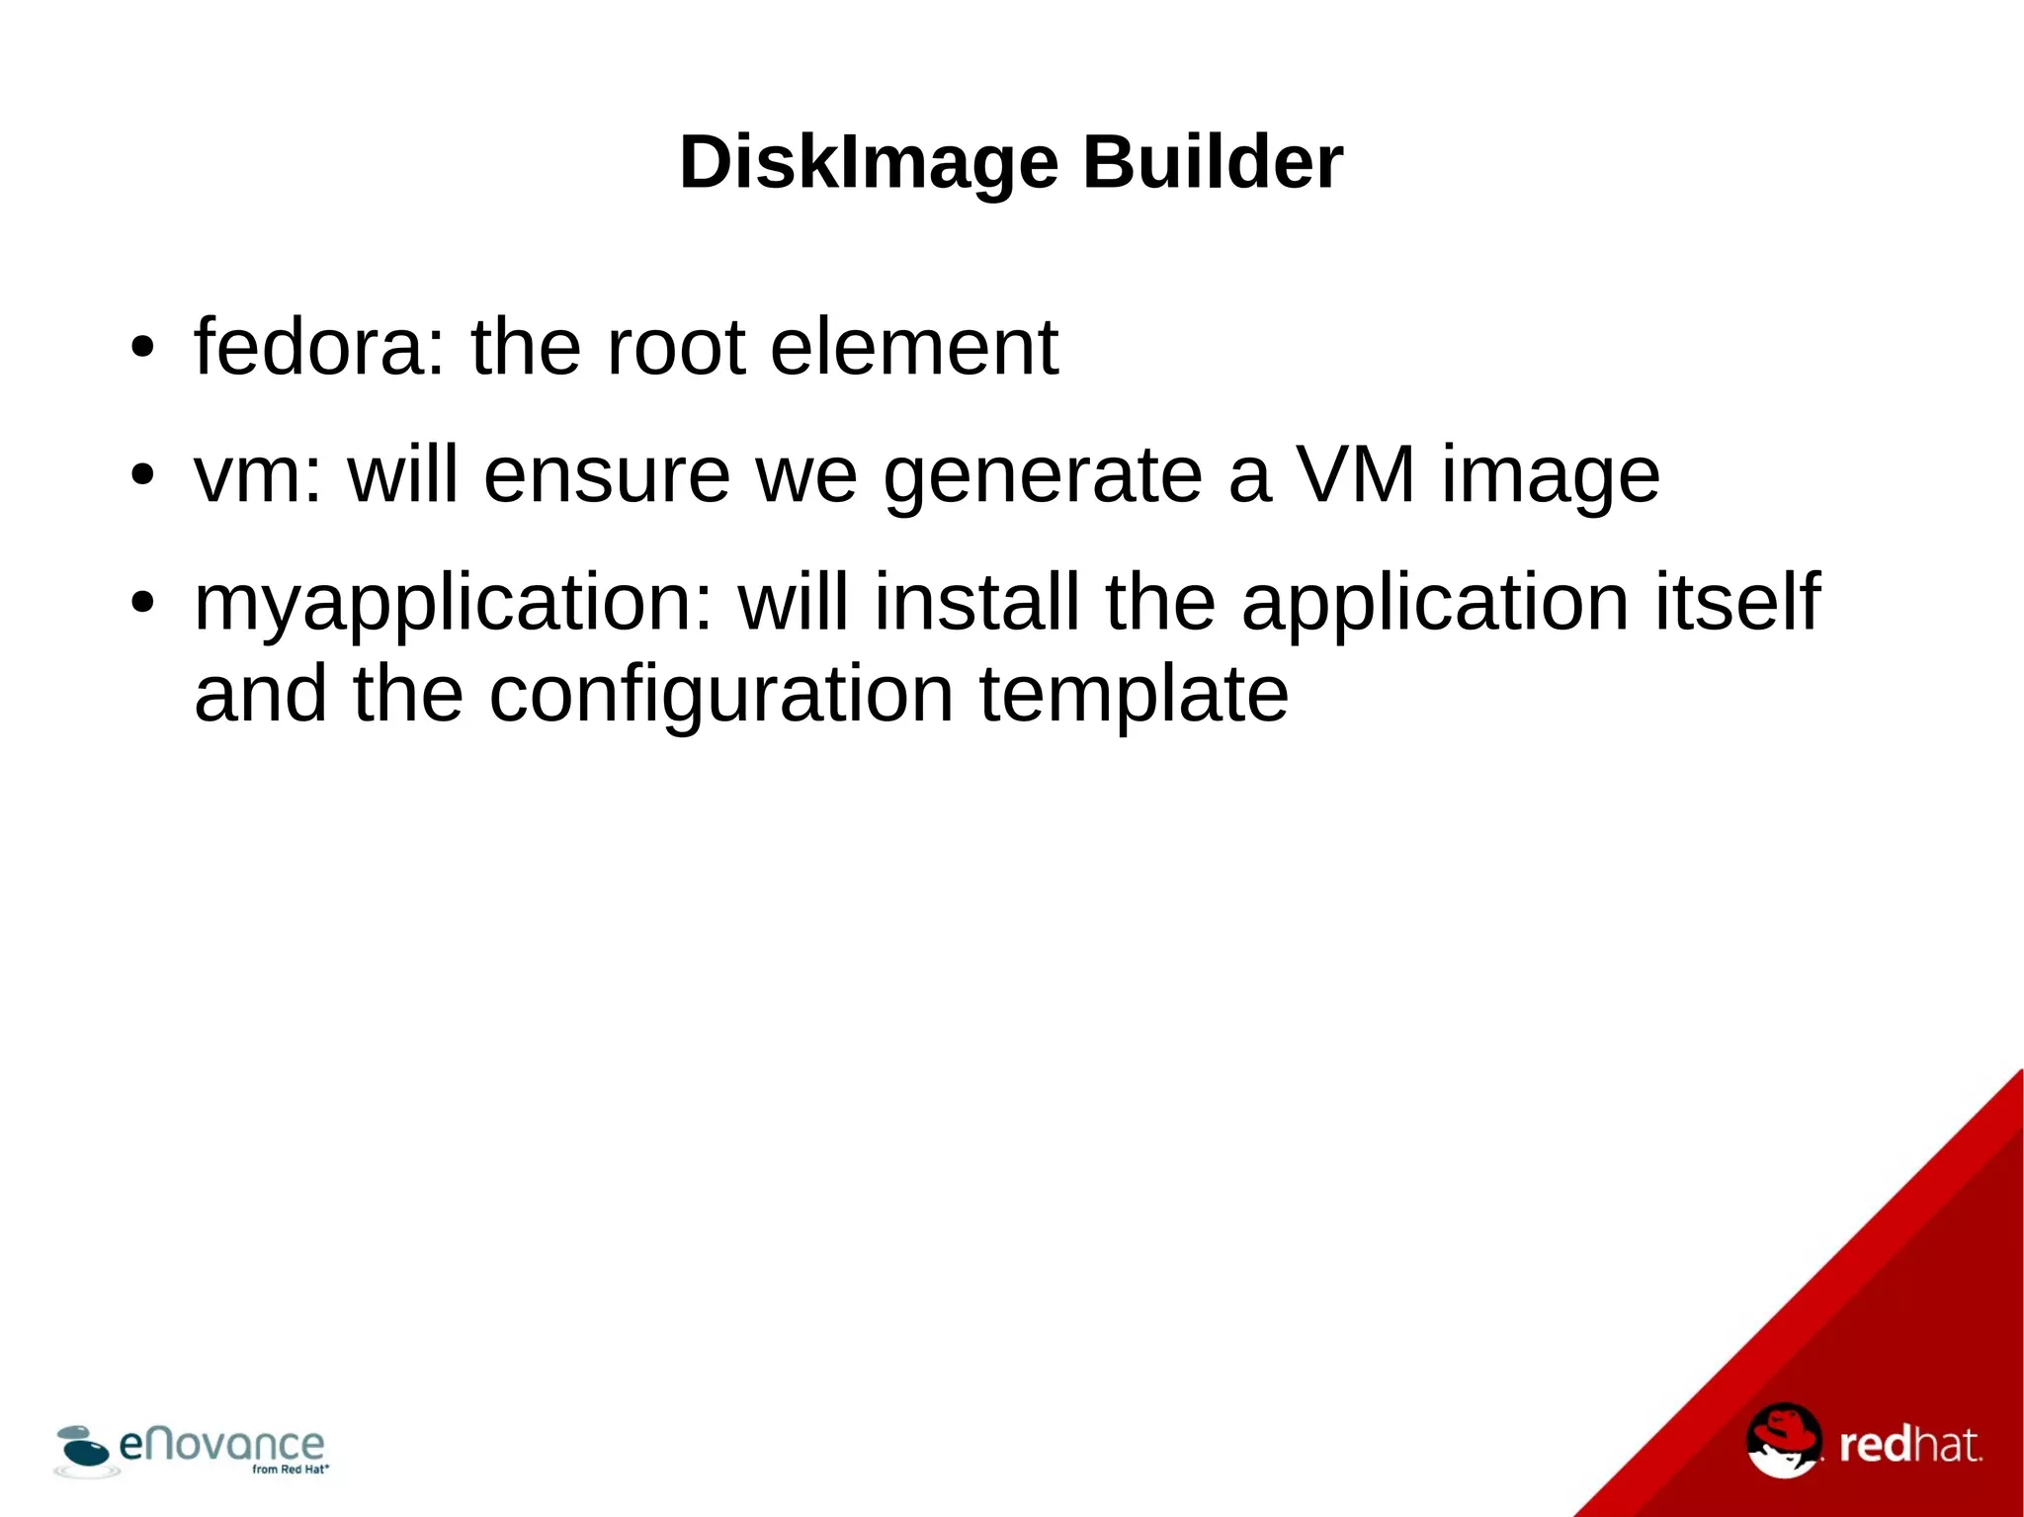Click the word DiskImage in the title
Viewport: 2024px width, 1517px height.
[869, 162]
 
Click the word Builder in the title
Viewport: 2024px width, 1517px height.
[1213, 162]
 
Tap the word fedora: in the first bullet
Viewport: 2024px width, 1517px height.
[320, 347]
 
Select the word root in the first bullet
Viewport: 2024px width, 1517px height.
[675, 347]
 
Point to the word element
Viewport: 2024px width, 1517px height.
[914, 347]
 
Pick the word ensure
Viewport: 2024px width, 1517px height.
[607, 475]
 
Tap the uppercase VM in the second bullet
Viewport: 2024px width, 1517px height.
[1356, 475]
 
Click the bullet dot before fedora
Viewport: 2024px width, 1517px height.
[143, 349]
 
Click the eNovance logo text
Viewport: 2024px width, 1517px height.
[221, 1445]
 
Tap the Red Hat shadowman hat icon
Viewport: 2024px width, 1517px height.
[1784, 1440]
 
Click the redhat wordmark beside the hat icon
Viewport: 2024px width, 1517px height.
[1909, 1446]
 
